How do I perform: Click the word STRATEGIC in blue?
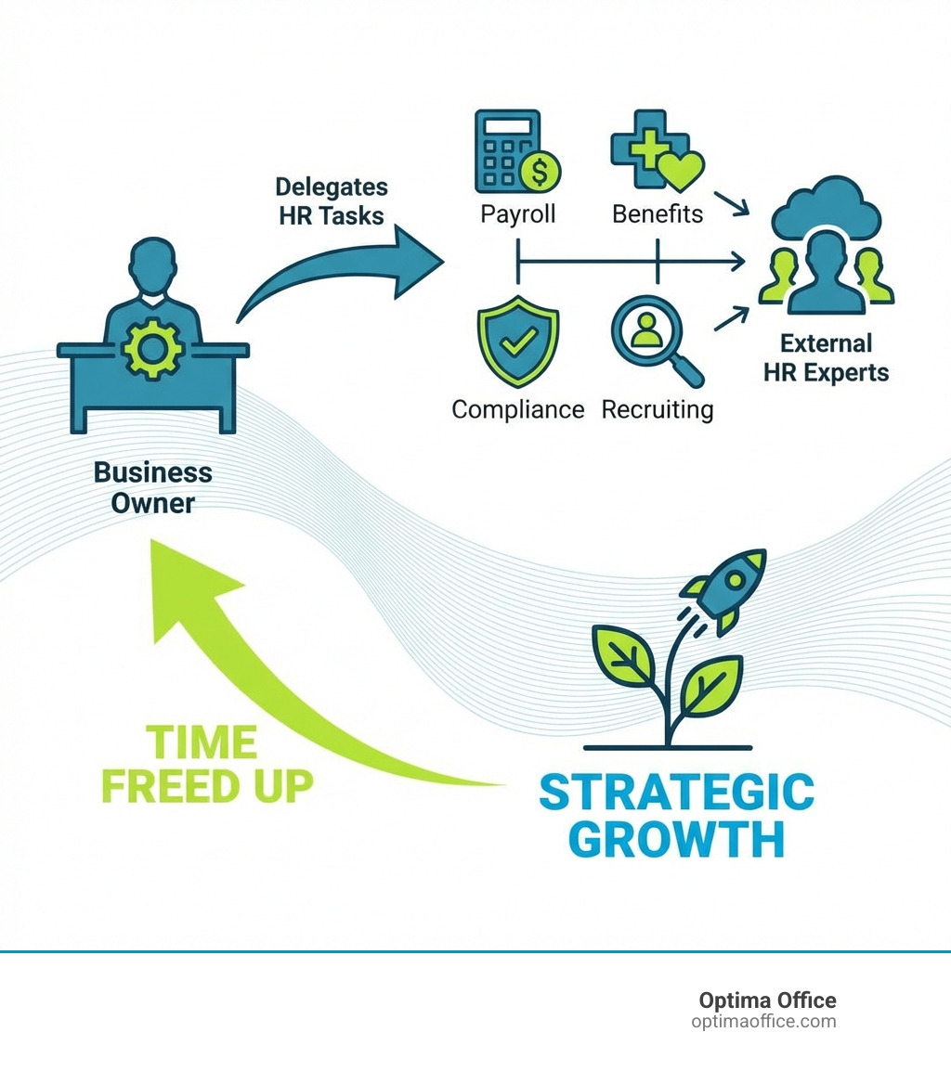coord(676,794)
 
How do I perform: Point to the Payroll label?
coord(517,214)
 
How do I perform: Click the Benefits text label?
coord(658,214)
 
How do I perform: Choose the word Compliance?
coord(517,409)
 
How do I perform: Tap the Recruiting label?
coord(658,409)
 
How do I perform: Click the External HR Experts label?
coord(826,358)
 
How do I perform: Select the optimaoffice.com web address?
coord(763,1022)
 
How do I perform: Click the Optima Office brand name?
coord(767,1000)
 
